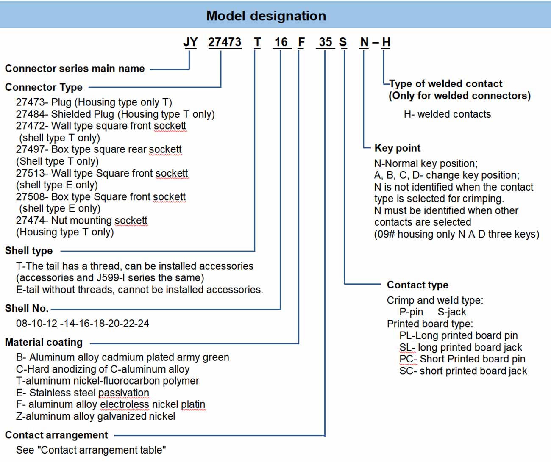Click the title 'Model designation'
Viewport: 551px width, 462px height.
point(266,16)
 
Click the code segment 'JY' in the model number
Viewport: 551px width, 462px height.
point(190,42)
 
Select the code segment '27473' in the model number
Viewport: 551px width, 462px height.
point(225,42)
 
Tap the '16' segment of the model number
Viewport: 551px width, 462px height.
point(281,42)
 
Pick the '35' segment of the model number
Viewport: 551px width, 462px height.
point(326,42)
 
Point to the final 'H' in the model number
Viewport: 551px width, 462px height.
point(386,42)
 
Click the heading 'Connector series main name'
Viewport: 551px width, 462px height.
point(75,69)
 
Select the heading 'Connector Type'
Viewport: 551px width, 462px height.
point(44,87)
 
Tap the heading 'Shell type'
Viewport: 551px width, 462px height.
point(29,251)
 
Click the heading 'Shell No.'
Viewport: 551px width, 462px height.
point(27,308)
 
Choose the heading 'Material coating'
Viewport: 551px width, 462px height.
point(44,342)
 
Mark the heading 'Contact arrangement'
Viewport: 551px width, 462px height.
point(56,435)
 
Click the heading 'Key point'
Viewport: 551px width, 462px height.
point(397,148)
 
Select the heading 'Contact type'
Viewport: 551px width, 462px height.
point(417,285)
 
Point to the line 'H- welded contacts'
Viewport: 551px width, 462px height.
point(447,114)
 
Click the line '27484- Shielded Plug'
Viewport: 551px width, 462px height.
point(115,114)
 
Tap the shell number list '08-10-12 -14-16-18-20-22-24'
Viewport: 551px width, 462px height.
point(83,324)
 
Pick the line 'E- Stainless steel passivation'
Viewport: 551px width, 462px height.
point(83,393)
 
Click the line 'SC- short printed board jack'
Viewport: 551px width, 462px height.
point(463,371)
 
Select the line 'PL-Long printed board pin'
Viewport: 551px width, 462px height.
point(458,335)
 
